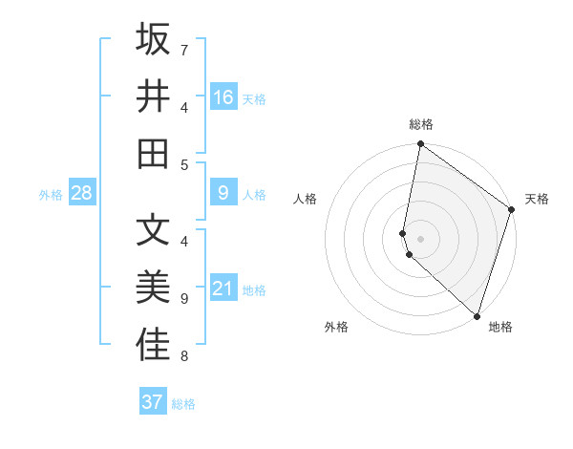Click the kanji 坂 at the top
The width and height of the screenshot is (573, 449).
click(x=153, y=39)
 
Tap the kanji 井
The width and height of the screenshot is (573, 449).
click(x=153, y=96)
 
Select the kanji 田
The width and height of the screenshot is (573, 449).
click(x=153, y=152)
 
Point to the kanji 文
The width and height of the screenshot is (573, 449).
click(x=153, y=229)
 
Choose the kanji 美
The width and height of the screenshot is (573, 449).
click(x=153, y=287)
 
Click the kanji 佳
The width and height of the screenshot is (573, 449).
click(x=153, y=345)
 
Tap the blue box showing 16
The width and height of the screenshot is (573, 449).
click(x=223, y=96)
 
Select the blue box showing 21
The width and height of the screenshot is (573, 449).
click(x=223, y=289)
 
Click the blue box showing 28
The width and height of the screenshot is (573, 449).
click(x=81, y=193)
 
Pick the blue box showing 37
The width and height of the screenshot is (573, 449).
click(x=153, y=402)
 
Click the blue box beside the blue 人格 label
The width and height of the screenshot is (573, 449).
click(x=223, y=193)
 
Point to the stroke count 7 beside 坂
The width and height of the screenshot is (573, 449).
click(x=184, y=49)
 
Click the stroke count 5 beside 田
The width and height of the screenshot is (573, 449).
click(x=184, y=164)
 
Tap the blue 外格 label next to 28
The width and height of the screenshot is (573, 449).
click(x=51, y=194)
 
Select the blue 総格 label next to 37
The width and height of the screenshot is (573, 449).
click(x=183, y=403)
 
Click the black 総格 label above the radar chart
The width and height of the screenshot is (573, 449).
click(x=421, y=124)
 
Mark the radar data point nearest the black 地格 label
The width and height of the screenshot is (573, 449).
click(x=477, y=315)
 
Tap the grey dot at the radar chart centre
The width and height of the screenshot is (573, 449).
click(x=421, y=237)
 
